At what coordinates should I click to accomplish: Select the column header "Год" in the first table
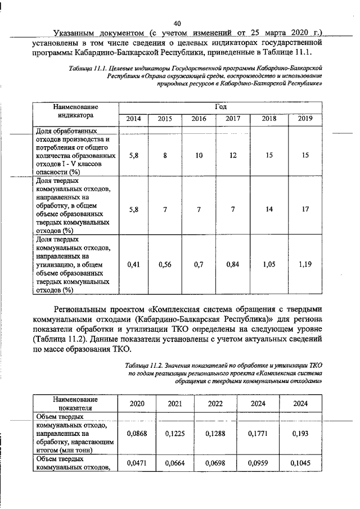point(220,106)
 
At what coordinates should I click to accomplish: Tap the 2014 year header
point(133,119)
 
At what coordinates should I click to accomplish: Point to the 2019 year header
point(305,119)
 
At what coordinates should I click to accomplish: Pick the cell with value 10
point(199,155)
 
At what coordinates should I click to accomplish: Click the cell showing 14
point(269,209)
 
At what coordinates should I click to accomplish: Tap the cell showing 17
point(305,209)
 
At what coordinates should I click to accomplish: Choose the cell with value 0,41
point(133,263)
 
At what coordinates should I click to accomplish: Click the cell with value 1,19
point(305,263)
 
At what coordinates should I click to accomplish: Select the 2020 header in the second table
point(137,403)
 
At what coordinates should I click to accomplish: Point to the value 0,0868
point(137,433)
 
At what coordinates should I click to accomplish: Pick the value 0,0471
point(137,462)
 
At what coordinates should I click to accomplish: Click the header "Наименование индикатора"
point(75,111)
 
